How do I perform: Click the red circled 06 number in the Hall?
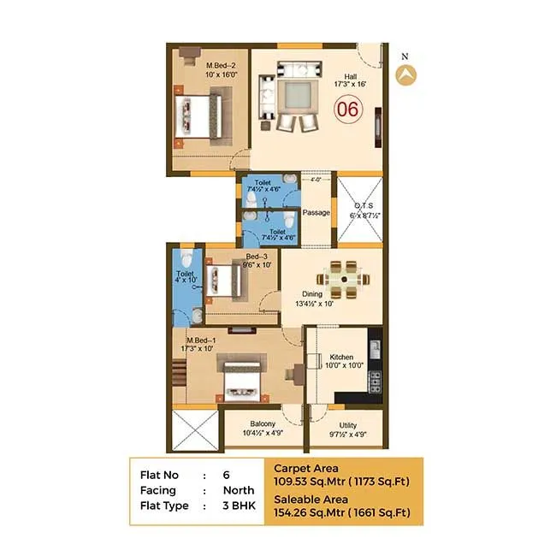pos(347,109)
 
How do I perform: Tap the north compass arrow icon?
pos(405,74)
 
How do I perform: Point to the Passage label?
pos(316,212)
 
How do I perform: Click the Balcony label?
pos(263,424)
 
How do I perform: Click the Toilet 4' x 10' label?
pos(186,275)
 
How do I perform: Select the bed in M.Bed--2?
pos(198,115)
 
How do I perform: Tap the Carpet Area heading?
pos(305,468)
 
